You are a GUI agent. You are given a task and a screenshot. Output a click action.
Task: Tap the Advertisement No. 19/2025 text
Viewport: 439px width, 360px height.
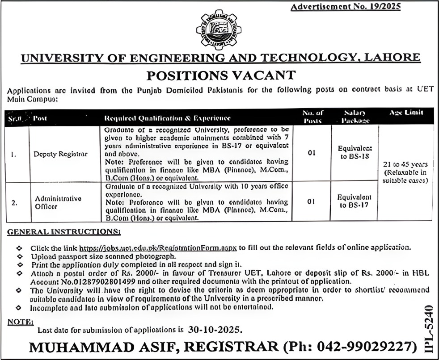pos(345,6)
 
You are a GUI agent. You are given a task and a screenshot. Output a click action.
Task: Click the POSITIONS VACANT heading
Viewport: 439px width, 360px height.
pos(219,74)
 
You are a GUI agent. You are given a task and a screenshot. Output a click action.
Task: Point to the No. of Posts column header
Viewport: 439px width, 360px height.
pos(313,117)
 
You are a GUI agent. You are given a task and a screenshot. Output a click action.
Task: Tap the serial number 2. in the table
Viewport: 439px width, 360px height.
pos(14,202)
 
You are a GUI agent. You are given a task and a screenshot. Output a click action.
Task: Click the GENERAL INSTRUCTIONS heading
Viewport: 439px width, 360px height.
pos(64,232)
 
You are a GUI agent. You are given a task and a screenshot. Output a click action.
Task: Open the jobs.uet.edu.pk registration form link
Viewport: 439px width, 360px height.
pos(158,247)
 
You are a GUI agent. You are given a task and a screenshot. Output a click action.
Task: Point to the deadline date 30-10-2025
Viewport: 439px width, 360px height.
pos(214,331)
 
